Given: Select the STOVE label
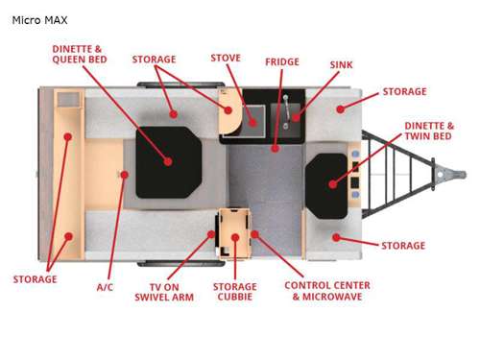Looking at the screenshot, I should point(226,59).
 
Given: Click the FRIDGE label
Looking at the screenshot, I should point(282,62).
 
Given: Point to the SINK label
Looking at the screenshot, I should point(341,65).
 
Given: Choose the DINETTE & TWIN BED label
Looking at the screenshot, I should point(429,132).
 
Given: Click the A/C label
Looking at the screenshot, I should point(106,286).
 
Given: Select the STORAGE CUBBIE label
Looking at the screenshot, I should point(234,292).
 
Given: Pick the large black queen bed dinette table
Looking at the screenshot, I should point(168,160).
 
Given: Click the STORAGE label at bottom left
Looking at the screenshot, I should point(35,279).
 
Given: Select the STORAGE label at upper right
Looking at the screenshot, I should point(404,92).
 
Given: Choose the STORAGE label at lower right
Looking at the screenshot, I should point(402,246).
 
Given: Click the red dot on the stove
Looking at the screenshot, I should point(252,121).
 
